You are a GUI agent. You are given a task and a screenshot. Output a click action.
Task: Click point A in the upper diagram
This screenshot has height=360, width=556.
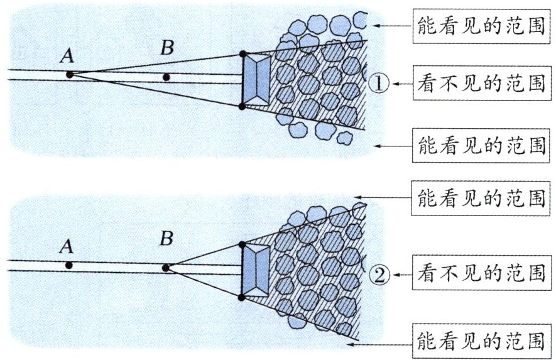pos(70,74)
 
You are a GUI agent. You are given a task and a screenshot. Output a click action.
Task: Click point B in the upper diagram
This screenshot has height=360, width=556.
pos(166,77)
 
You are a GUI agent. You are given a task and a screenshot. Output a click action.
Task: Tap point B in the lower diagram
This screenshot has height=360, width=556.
pos(166,268)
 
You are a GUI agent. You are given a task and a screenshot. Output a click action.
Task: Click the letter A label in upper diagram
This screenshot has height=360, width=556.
pos(67,56)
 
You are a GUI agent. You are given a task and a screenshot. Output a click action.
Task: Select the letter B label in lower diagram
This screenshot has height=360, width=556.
pos(166,239)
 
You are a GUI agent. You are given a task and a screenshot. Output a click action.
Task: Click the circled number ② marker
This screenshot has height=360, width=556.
pos(381,274)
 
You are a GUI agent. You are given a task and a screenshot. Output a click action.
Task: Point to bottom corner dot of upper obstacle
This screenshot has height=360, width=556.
pos(243,107)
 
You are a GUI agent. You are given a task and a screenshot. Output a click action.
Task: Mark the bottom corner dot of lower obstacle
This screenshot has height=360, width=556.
pos(243,296)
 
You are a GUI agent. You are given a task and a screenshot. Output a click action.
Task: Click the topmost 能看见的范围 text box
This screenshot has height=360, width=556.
pos(481,27)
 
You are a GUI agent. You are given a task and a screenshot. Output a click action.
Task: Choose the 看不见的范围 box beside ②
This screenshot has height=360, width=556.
pos(481,274)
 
